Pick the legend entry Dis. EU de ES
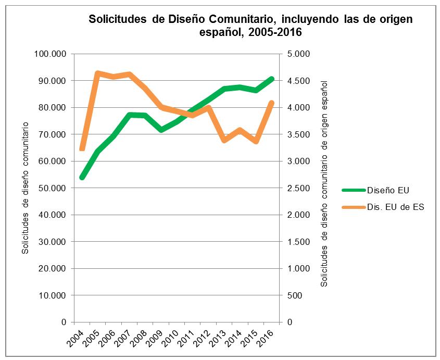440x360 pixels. click(395, 207)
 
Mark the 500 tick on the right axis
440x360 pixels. click(294, 295)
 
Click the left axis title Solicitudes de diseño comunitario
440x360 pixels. click(25, 188)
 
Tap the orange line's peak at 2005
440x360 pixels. click(97, 73)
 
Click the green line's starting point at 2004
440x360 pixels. click(82, 178)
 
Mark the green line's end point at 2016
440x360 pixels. click(272, 79)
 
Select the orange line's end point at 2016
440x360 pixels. click(272, 103)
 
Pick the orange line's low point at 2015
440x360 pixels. click(256, 142)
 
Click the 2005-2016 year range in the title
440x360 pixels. click(276, 32)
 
